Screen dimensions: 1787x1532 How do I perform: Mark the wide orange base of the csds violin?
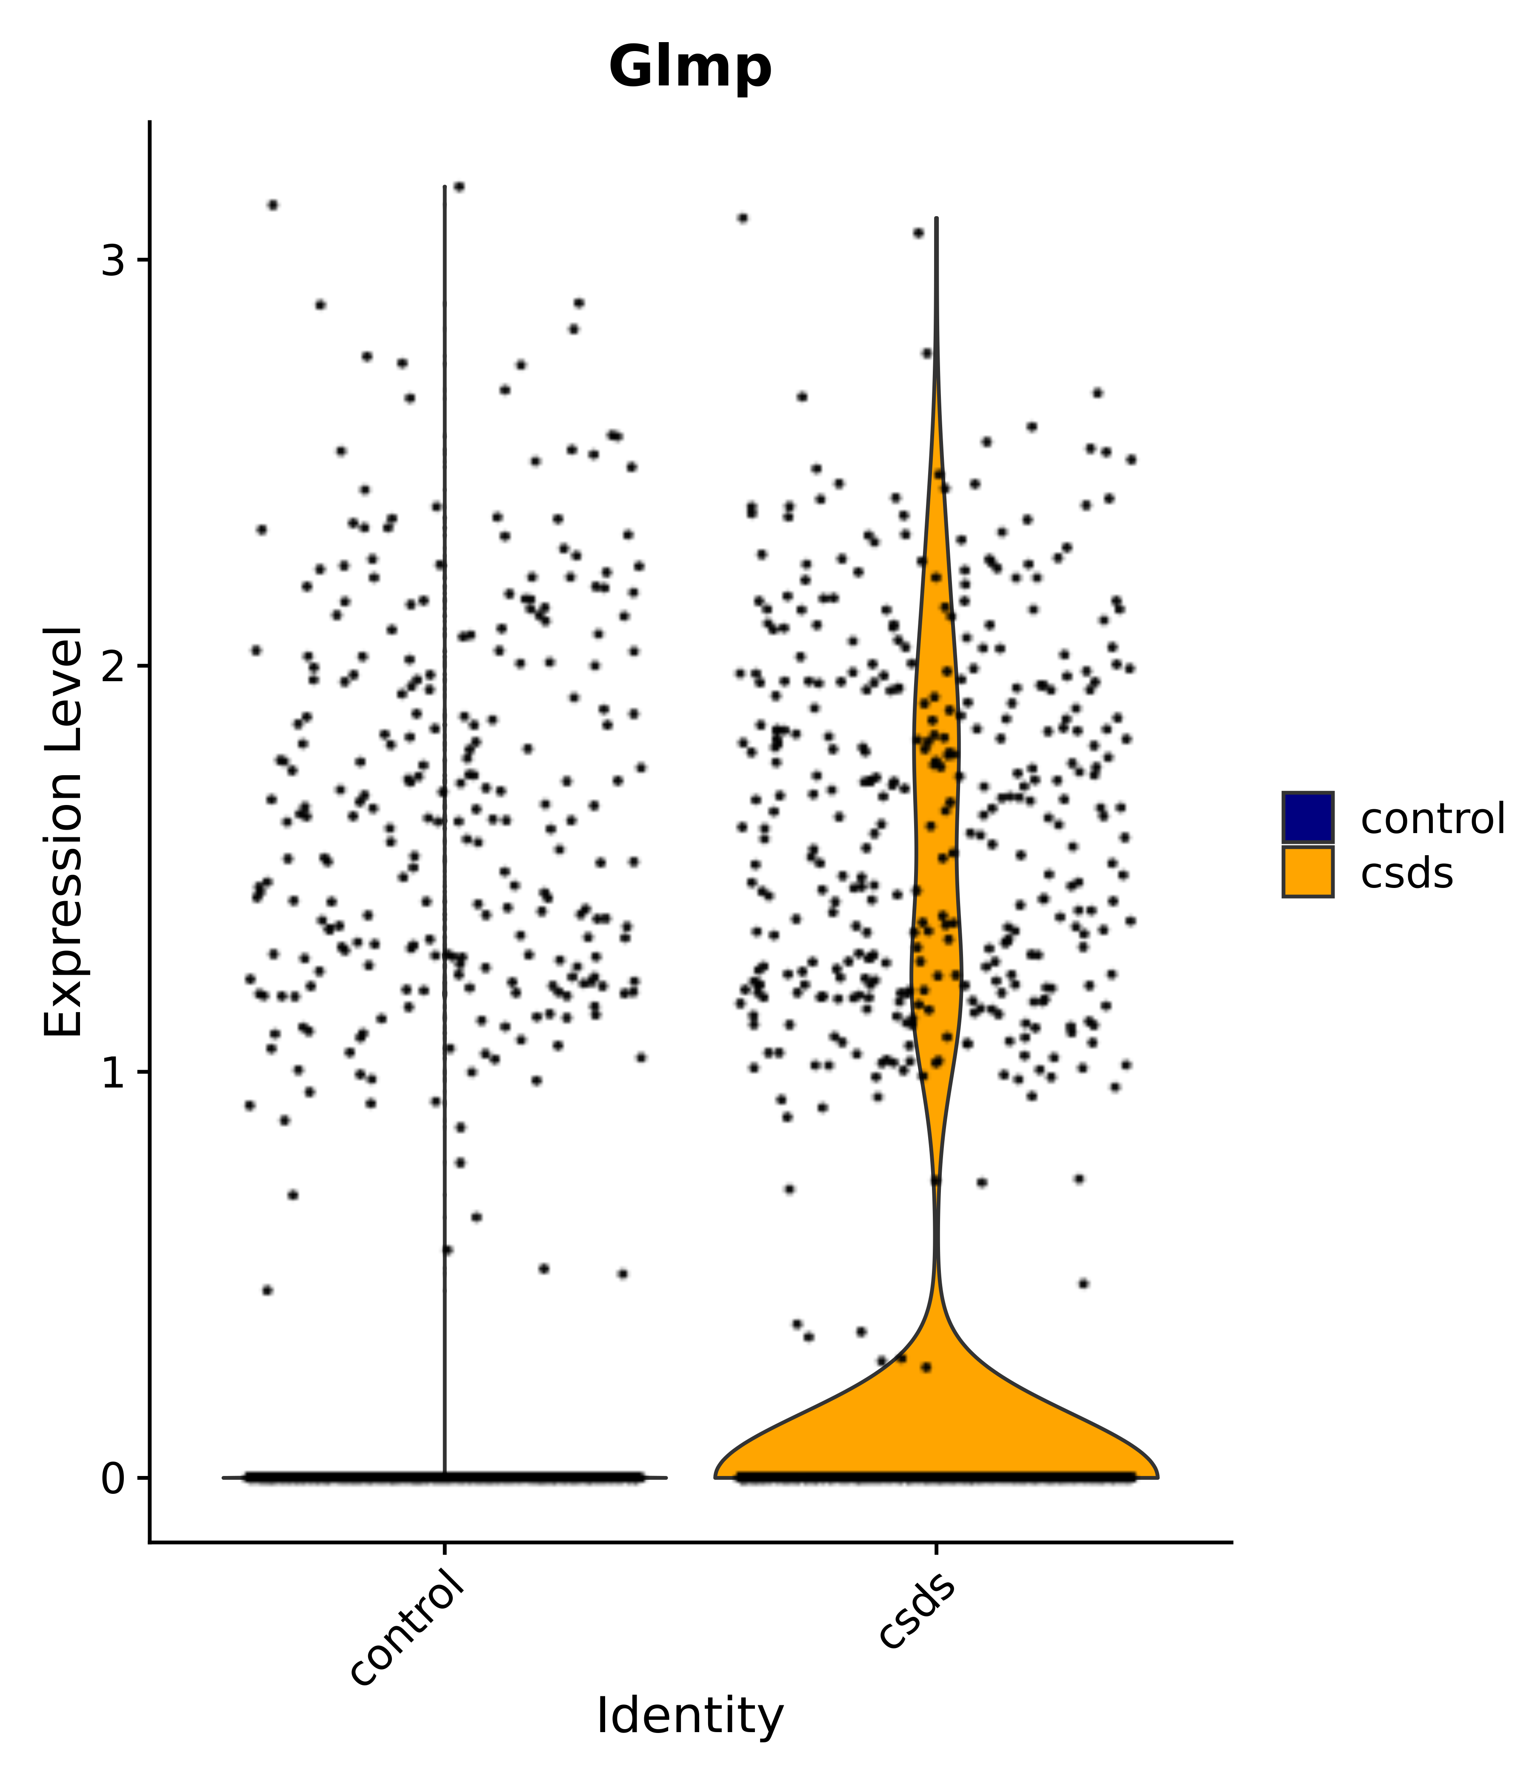coord(936,1432)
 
